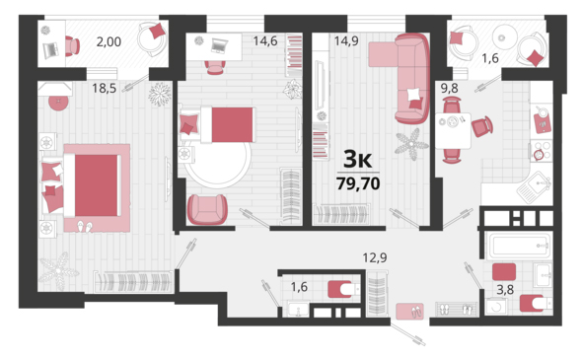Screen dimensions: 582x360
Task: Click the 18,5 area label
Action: pos(104,89)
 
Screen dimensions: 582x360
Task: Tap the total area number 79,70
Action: pos(358,183)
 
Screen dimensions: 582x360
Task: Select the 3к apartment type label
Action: pos(358,159)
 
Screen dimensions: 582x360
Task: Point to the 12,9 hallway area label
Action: pos(375,257)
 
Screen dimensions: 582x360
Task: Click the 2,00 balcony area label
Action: pos(109,42)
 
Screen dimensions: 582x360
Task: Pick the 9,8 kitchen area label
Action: pos(449,89)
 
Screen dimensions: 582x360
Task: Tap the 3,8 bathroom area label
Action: pos(505,290)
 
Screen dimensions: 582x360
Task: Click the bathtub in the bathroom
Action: pos(519,246)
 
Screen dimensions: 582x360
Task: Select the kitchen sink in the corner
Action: pos(536,186)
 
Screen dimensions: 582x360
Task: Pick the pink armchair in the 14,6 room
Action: pos(207,209)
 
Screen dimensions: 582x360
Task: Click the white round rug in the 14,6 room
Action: pos(218,164)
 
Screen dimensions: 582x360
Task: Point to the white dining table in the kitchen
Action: pos(453,130)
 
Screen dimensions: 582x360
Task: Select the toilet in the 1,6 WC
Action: pos(343,289)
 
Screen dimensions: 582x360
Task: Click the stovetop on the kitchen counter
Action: pos(542,151)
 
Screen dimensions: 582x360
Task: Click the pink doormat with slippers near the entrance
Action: pos(409,312)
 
